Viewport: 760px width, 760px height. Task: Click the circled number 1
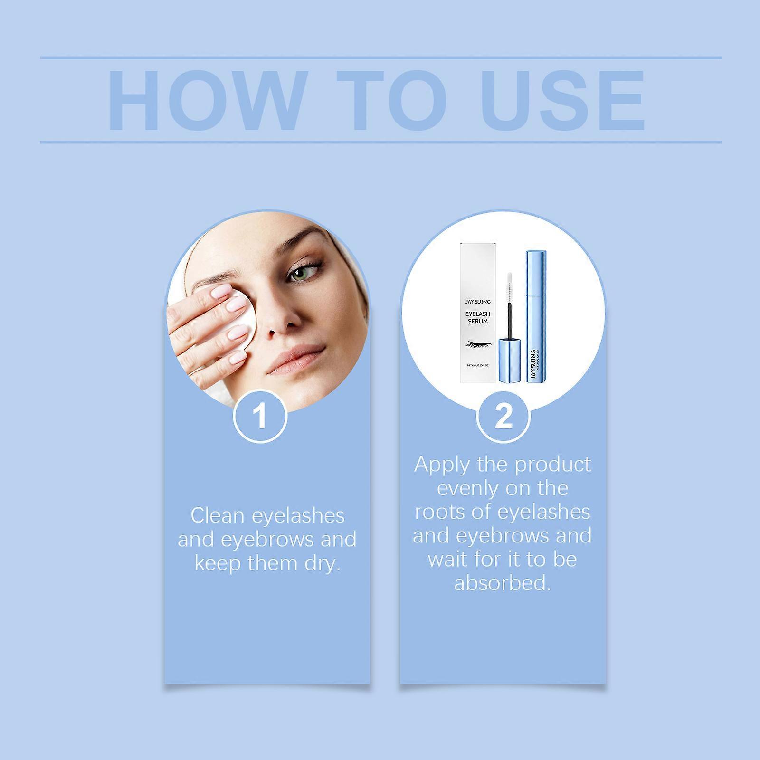click(x=260, y=416)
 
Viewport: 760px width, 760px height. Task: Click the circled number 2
click(x=503, y=416)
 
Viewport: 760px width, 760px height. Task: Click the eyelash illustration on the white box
click(x=477, y=343)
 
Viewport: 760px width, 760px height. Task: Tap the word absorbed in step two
click(x=502, y=583)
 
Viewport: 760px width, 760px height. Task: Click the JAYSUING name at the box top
click(x=478, y=302)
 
